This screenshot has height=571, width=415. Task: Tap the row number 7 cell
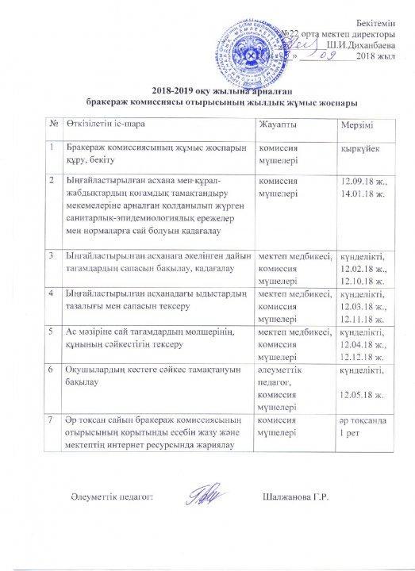click(x=53, y=416)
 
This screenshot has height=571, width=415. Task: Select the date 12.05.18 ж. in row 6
click(x=363, y=394)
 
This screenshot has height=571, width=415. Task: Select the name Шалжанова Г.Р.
click(x=294, y=498)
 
